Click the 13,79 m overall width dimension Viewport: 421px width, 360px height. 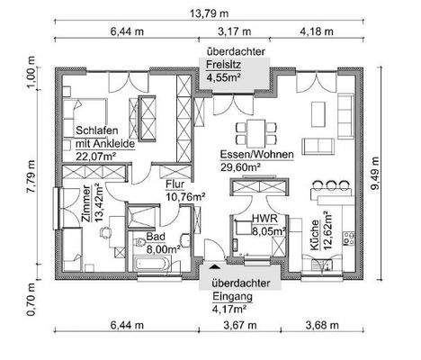tap(210, 13)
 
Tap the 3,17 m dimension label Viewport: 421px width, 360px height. tap(234, 31)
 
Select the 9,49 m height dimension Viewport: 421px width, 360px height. tap(375, 173)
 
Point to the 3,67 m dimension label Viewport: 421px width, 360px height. tap(240, 325)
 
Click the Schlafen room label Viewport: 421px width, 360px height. tap(97, 130)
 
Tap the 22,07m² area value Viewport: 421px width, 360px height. tap(95, 157)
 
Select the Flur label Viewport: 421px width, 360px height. tap(175, 184)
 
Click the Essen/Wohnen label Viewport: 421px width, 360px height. tap(256, 155)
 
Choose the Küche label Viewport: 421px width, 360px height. tap(315, 235)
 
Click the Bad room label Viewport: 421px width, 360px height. tap(156, 237)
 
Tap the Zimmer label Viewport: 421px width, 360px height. tap(86, 203)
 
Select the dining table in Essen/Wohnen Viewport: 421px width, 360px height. tap(256, 131)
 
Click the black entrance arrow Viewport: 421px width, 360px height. tap(214, 265)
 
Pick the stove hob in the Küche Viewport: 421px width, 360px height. tap(348, 238)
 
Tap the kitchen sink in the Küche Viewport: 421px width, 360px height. tap(321, 265)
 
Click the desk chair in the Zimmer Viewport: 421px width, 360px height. tap(105, 232)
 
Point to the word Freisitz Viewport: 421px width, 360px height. tap(223, 64)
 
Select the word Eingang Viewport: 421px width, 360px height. tap(232, 296)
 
